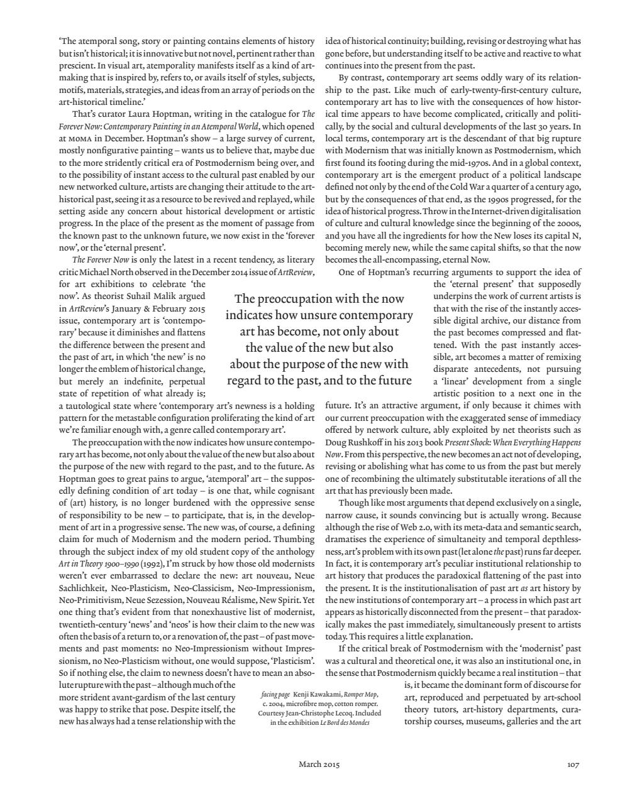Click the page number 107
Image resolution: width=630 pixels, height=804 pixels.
pyautogui.click(x=572, y=764)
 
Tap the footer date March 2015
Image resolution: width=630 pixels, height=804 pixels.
pyautogui.click(x=319, y=764)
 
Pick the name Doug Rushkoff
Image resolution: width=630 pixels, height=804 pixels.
pyautogui.click(x=353, y=442)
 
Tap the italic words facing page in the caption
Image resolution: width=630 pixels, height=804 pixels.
pyautogui.click(x=275, y=695)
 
